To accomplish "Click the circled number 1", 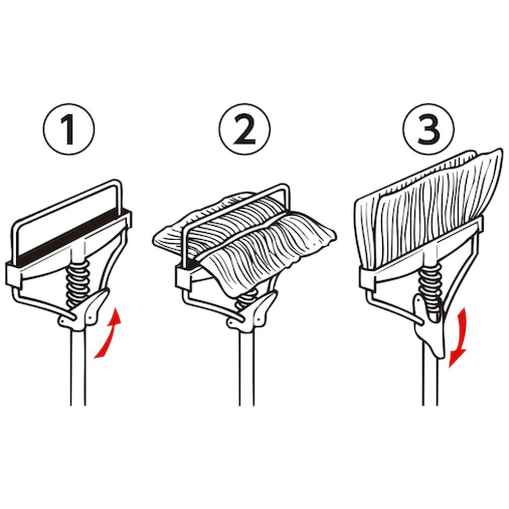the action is point(69,129).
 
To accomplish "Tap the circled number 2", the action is point(244,129).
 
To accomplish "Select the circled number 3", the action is point(429,129).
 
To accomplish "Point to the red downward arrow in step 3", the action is point(460,337).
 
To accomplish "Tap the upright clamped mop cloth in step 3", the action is point(429,208).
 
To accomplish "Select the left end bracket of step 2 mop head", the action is point(183,277).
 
